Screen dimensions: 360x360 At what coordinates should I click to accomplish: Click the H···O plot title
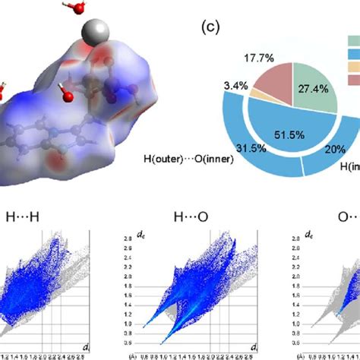click(x=175, y=218)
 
